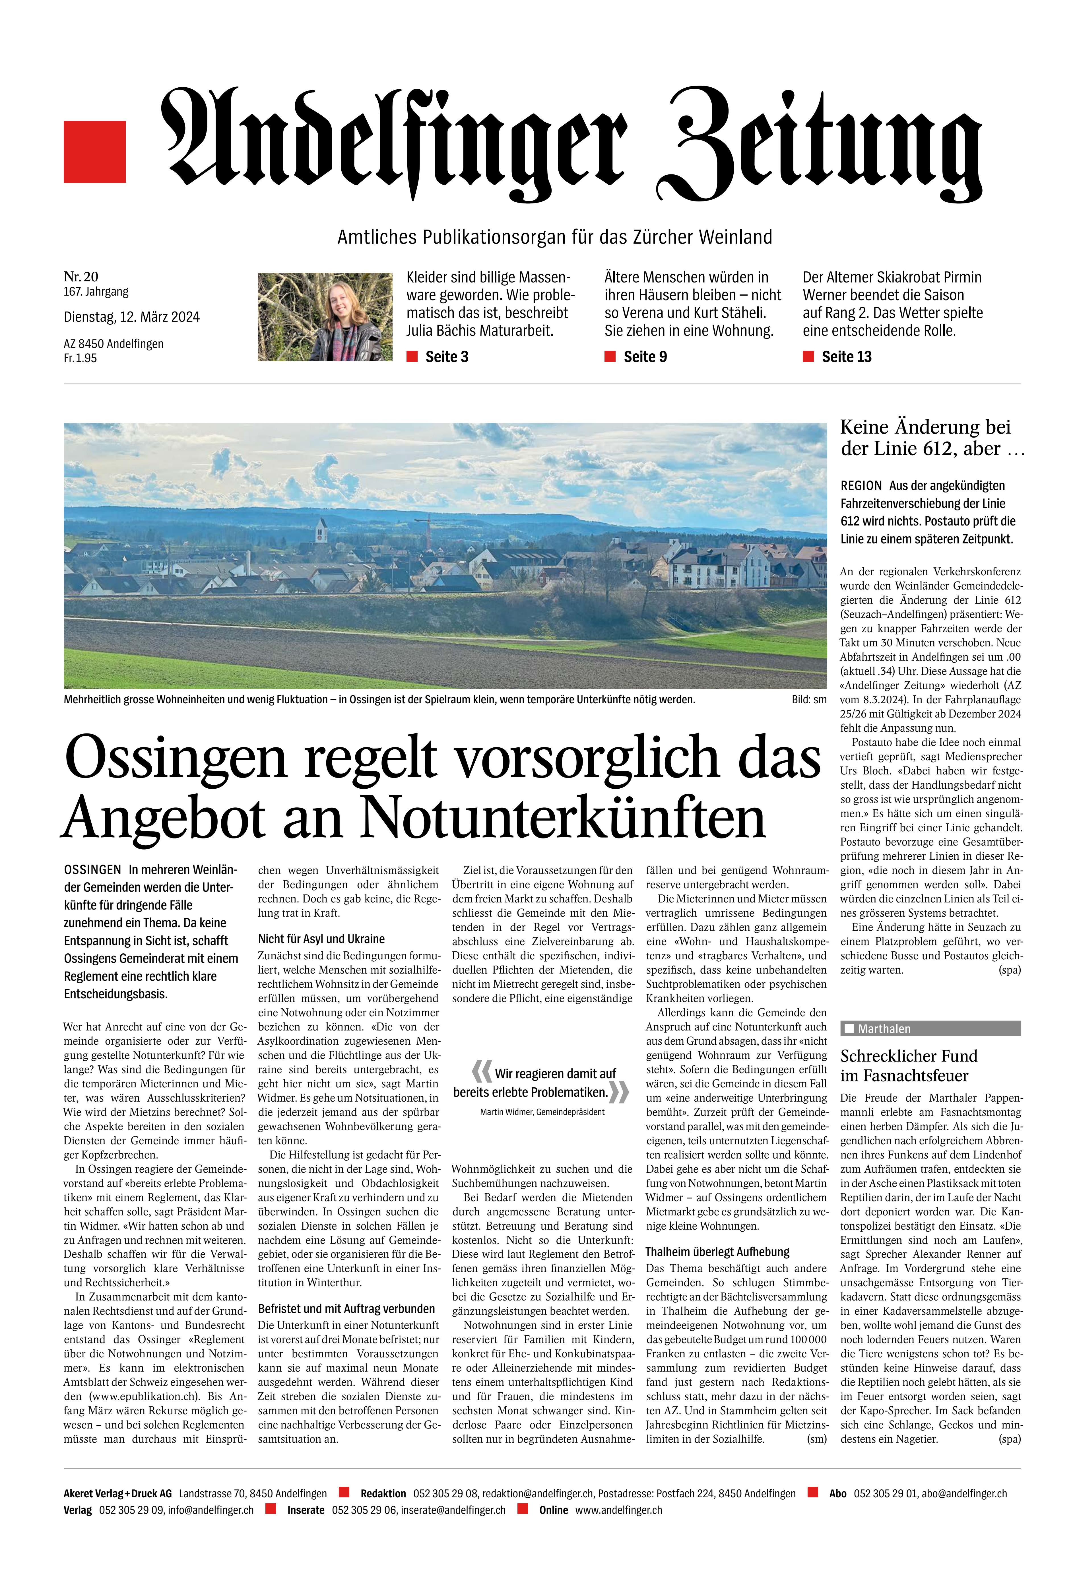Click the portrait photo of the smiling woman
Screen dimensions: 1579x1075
(325, 317)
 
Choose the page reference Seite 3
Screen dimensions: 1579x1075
(446, 357)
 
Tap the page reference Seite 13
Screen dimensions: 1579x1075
(846, 357)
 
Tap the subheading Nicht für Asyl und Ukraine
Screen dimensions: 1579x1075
(321, 939)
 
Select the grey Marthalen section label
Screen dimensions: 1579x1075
(930, 1029)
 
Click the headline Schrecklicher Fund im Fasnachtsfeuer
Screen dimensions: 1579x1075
(909, 1065)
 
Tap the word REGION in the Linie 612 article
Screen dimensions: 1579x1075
(861, 486)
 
